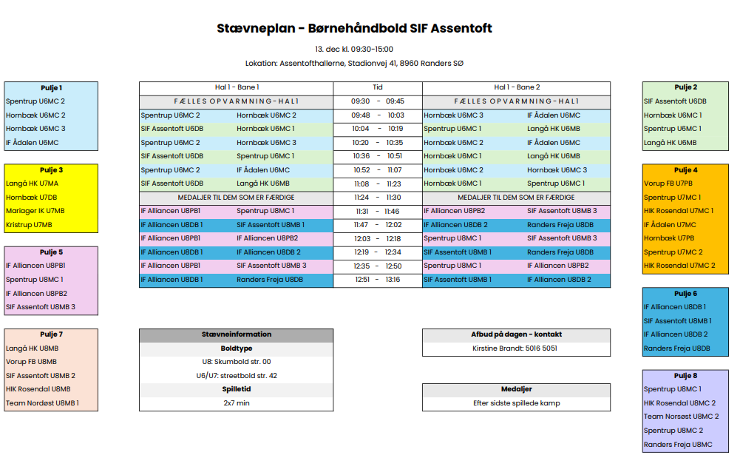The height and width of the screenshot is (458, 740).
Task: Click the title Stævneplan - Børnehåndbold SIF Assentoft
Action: (354, 29)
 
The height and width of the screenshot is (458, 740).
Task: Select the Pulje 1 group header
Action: (51, 87)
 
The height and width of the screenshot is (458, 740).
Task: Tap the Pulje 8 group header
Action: (685, 376)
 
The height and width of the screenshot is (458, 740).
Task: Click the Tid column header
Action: (377, 87)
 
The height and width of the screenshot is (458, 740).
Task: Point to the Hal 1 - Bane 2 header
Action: (516, 87)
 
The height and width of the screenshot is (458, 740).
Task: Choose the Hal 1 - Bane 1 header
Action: (236, 87)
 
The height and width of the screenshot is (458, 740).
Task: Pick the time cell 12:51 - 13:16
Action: (377, 280)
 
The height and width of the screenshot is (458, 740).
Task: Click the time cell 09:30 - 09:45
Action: (377, 101)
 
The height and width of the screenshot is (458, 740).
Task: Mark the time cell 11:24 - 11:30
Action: (377, 198)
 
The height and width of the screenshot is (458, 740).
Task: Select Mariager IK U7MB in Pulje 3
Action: (35, 211)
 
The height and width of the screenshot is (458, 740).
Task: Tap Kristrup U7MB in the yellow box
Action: (29, 224)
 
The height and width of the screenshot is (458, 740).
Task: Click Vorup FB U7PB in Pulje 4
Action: (668, 183)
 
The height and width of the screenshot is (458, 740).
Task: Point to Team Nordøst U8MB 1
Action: (42, 403)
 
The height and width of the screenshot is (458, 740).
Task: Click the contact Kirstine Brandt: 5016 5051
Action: (515, 348)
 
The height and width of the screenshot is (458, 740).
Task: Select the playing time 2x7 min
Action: (236, 403)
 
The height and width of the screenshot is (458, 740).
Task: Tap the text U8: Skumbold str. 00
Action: (236, 362)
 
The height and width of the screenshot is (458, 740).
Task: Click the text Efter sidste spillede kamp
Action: (516, 403)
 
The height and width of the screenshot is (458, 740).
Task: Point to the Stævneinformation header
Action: (236, 334)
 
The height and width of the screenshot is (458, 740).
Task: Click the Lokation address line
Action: (354, 64)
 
